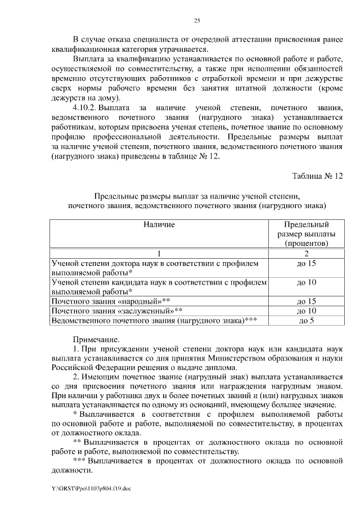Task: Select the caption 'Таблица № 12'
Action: (317, 175)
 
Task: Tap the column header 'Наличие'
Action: (159, 225)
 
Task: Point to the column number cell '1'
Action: (159, 253)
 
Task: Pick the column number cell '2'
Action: (307, 253)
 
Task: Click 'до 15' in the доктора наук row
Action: (307, 263)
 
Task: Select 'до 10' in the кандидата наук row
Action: (307, 282)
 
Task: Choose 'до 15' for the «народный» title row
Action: (307, 301)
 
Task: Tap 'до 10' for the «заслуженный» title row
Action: (307, 310)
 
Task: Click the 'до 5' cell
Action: (307, 321)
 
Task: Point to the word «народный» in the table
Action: (139, 301)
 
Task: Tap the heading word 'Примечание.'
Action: (96, 339)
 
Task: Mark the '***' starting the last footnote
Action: (80, 461)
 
